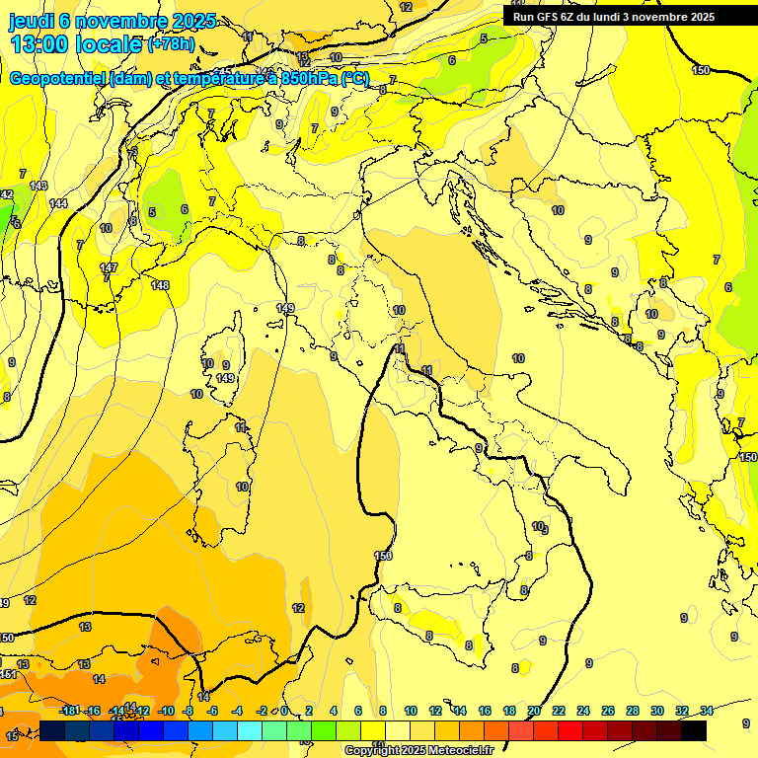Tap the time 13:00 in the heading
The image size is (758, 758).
[x=40, y=44]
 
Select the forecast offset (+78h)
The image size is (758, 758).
[x=171, y=44]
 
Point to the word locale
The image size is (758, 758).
[x=108, y=44]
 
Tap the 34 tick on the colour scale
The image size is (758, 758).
[x=707, y=711]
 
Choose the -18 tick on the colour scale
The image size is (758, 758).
[x=69, y=711]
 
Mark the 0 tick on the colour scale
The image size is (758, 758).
[x=283, y=711]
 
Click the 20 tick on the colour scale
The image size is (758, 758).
[x=534, y=711]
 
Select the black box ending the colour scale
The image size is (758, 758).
[x=694, y=730]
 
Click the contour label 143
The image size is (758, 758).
[x=38, y=186]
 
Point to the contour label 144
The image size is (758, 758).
[x=58, y=203]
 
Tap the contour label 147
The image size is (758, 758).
[x=109, y=267]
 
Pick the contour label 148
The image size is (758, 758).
[x=160, y=285]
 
